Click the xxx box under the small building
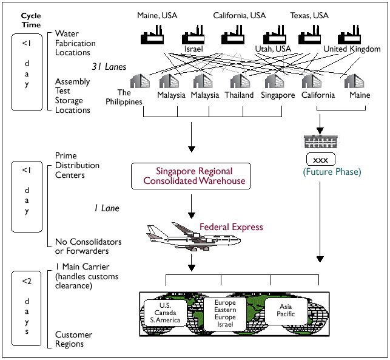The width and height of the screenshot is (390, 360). tap(324, 160)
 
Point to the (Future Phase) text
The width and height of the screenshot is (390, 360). tap(324, 172)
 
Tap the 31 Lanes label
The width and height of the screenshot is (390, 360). tap(109, 67)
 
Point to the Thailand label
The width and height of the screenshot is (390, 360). tap(239, 95)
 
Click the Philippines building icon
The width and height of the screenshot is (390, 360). tap(141, 81)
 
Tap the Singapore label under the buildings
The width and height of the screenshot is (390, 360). tap(278, 95)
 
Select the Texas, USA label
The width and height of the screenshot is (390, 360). tap(309, 15)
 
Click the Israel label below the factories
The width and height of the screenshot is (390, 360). tap(193, 48)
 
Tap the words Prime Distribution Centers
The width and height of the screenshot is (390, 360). tap(77, 165)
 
